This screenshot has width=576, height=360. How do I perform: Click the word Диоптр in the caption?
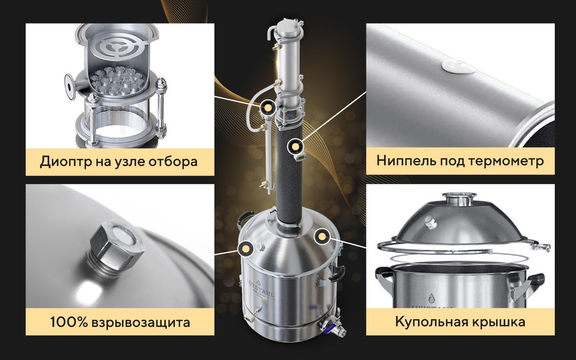pos(66,162)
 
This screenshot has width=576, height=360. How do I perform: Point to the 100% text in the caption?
pos(69,322)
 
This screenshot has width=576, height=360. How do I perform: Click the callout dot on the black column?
pos(295,146)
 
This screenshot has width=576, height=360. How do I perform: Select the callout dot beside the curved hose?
pos(267,107)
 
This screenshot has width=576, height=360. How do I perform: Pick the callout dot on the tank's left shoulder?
pos(246,249)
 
